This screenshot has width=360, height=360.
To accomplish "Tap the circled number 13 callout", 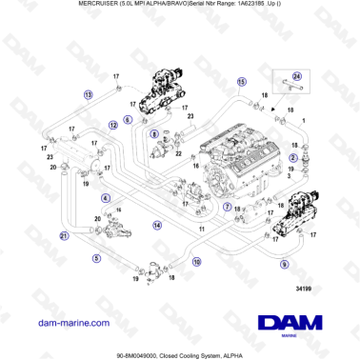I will coord(89,95).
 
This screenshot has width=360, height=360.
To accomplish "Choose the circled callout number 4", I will coord(106,196).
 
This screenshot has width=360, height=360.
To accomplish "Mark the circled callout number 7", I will coord(227,206).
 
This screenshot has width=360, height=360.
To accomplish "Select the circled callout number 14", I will coord(158,225).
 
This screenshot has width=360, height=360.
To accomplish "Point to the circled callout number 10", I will coord(196,259).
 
